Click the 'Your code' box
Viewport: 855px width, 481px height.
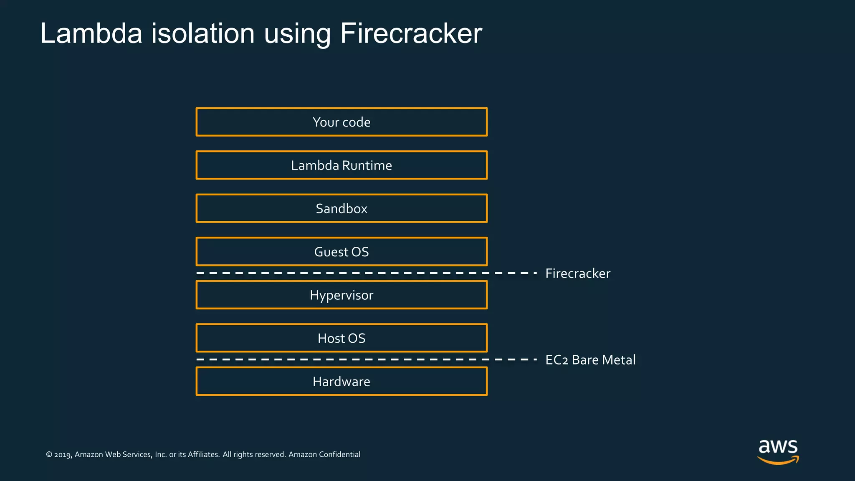[x=341, y=122]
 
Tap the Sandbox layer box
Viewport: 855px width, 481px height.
[x=341, y=208]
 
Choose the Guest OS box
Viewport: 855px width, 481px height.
[x=341, y=252]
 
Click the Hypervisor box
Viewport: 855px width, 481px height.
[x=341, y=295]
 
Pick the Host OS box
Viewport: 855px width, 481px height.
[x=341, y=338]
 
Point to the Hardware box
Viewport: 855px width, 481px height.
[x=341, y=381]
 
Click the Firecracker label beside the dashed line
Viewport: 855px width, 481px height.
[x=578, y=273]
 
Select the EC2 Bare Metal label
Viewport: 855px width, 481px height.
[x=590, y=360]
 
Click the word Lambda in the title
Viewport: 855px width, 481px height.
[x=91, y=33]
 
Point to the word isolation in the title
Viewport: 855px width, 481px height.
[x=203, y=33]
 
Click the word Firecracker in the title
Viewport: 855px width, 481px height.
[x=411, y=33]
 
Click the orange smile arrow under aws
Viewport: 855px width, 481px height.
[x=778, y=461]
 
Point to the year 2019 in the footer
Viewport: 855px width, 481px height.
[x=63, y=455]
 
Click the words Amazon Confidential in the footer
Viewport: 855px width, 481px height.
[x=324, y=454]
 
